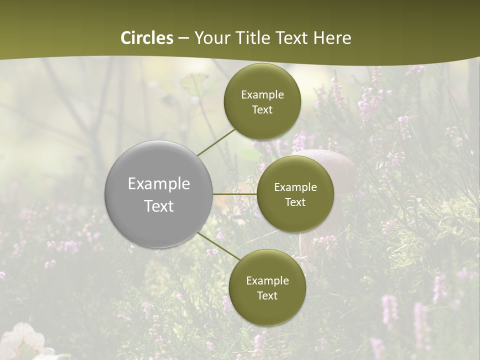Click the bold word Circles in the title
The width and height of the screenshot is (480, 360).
click(147, 38)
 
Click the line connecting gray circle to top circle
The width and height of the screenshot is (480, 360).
click(216, 141)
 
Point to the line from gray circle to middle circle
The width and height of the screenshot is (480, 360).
click(234, 193)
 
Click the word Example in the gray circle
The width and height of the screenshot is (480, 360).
click(159, 183)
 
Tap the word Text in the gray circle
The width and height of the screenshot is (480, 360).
click(159, 206)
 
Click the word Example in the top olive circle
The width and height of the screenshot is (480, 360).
click(262, 94)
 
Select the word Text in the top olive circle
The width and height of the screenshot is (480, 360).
click(262, 109)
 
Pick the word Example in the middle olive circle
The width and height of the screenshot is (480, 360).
click(295, 187)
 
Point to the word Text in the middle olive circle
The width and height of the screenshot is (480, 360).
click(295, 202)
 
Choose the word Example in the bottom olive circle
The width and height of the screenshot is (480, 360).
click(267, 280)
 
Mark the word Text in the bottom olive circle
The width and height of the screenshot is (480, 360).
click(267, 295)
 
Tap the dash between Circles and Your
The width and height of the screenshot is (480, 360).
click(183, 38)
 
